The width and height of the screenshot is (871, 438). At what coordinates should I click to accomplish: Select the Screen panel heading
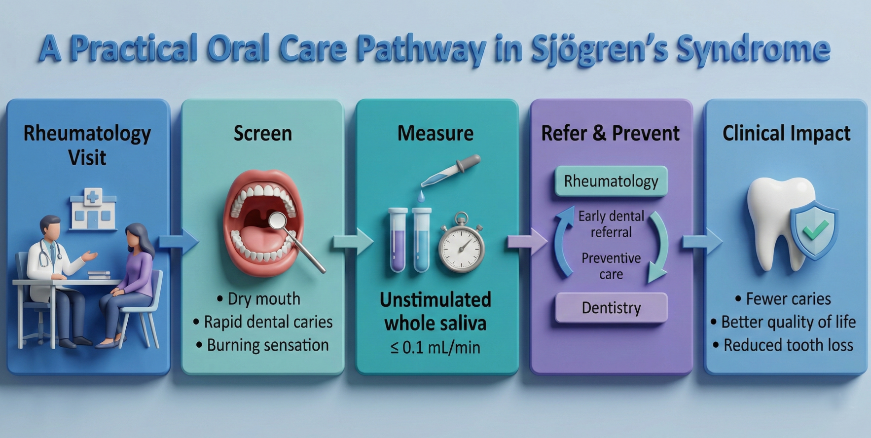262,133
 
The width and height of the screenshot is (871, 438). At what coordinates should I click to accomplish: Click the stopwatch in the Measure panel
461,244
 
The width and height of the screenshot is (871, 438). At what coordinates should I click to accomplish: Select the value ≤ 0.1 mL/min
435,347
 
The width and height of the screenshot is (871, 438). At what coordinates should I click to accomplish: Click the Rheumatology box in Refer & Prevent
611,181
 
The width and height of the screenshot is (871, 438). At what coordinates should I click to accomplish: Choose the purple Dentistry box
611,308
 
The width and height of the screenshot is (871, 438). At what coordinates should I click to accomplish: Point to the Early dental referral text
611,224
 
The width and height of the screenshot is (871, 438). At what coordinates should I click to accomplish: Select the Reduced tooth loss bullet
788,345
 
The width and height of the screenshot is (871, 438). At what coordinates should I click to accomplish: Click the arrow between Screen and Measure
353,242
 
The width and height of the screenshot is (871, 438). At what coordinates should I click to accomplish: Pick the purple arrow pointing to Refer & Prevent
527,242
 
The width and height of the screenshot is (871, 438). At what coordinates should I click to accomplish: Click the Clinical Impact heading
786,133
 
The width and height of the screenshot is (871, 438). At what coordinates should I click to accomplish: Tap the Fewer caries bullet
788,299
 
